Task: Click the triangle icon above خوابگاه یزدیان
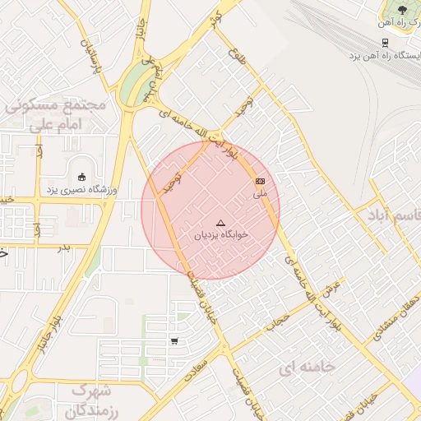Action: (x=220, y=223)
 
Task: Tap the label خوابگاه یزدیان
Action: (x=220, y=235)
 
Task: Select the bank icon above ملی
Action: (x=261, y=180)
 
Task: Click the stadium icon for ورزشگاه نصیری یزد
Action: (x=81, y=177)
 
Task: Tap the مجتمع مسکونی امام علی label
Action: (x=56, y=114)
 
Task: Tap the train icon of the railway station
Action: (x=384, y=42)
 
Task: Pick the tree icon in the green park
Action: (x=402, y=10)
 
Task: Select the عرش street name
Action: (x=332, y=288)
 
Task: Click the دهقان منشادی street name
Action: (x=393, y=317)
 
